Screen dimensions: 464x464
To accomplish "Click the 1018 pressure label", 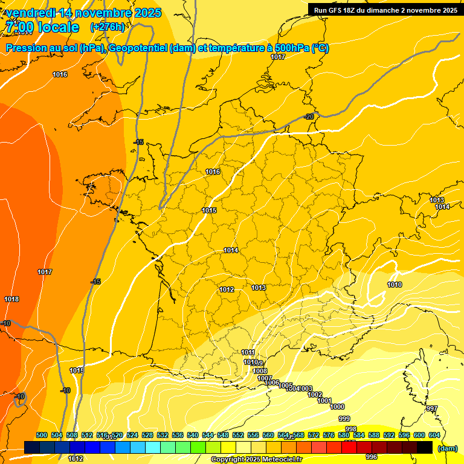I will [x=11, y=299].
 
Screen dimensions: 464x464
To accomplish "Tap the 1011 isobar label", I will [x=248, y=352].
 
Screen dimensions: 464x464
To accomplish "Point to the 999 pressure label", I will [x=344, y=419].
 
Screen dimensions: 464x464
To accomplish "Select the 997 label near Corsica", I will [x=431, y=409].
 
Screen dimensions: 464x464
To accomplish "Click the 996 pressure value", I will [x=372, y=457].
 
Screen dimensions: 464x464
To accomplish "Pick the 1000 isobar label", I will [x=338, y=407].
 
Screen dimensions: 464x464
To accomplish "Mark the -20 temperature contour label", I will [x=309, y=117].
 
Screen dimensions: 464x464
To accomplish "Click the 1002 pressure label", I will [x=315, y=395].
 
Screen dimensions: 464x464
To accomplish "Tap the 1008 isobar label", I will [x=260, y=371].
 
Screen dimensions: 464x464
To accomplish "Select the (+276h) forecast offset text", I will [x=108, y=27].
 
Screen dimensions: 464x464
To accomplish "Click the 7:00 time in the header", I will [x=21, y=27].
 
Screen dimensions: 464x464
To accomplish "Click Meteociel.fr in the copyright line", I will [x=280, y=460].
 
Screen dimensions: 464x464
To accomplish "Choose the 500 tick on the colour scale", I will [x=41, y=435].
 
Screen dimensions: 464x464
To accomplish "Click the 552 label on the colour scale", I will [x=237, y=435].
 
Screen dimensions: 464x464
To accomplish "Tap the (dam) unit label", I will [x=447, y=448].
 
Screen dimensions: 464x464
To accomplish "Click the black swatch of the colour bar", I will [x=425, y=447].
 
